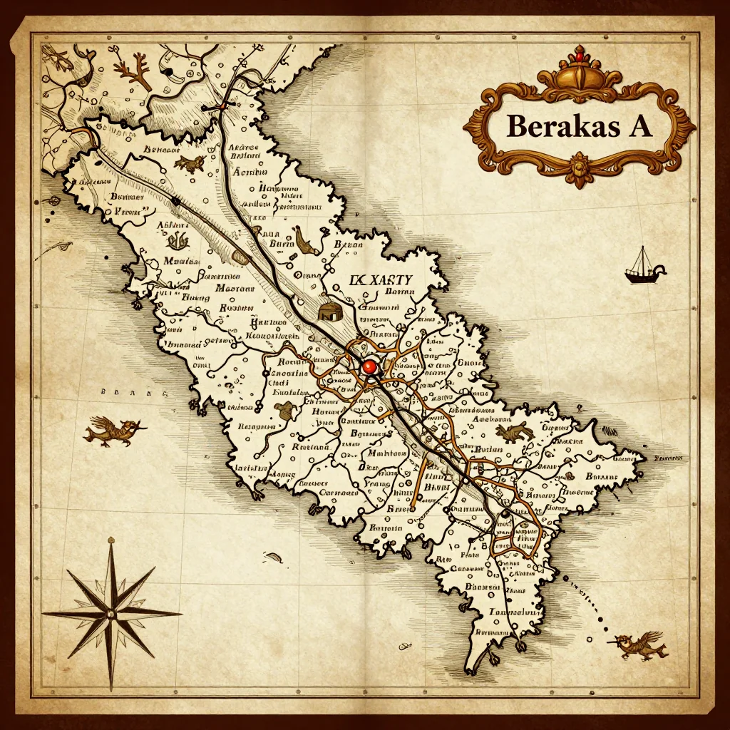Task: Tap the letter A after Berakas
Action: tap(637, 126)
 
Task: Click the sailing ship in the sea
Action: tap(643, 267)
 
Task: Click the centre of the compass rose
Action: tap(110, 612)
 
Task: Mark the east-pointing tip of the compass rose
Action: tap(180, 612)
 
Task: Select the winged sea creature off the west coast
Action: tap(113, 431)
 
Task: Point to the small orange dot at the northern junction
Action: tap(221, 106)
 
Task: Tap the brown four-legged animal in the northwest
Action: tap(189, 163)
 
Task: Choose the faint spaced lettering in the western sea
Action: tap(133, 392)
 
